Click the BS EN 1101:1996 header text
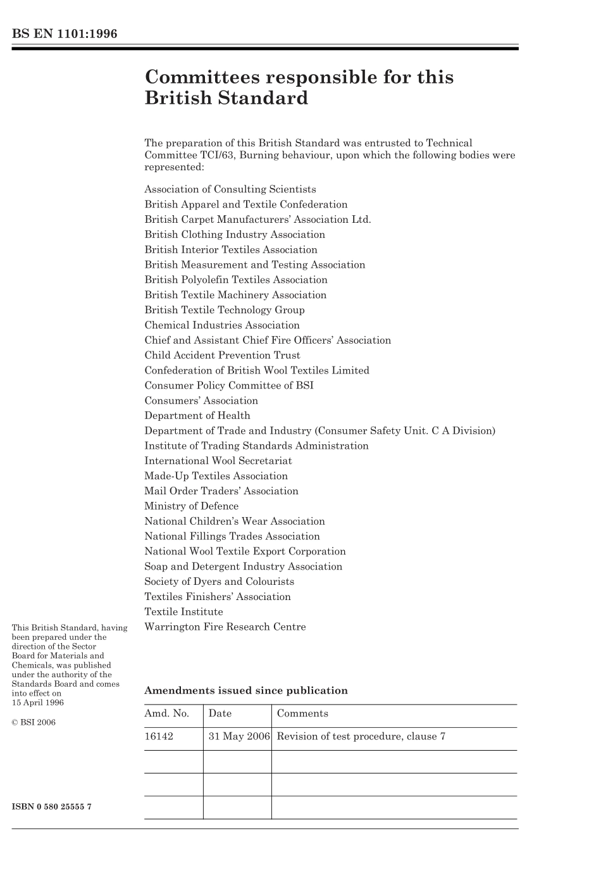point(65,34)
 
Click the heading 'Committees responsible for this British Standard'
point(299,87)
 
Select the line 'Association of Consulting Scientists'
point(230,189)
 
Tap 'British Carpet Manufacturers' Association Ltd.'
point(257,220)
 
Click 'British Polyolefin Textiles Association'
point(236,280)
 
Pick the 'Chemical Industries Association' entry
point(222,325)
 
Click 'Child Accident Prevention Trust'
point(222,356)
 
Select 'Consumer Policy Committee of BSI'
point(229,385)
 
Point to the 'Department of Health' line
point(197,416)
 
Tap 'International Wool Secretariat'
point(218,461)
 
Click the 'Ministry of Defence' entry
point(192,506)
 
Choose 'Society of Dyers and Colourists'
point(220,582)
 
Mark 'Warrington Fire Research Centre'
point(225,627)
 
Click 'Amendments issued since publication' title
point(246,691)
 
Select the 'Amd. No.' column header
point(167,714)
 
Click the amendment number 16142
point(159,737)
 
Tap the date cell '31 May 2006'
point(239,737)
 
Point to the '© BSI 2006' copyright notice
point(34,722)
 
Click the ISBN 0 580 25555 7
point(52,807)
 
